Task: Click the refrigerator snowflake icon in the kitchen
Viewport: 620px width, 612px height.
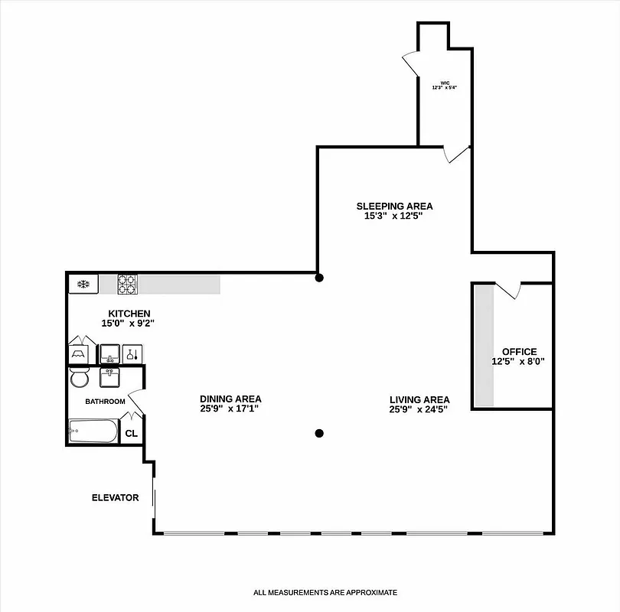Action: click(x=83, y=285)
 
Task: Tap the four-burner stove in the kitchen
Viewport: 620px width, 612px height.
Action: click(x=127, y=285)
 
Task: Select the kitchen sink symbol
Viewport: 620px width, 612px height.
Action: click(x=110, y=354)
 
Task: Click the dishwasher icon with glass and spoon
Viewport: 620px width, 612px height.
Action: click(x=133, y=354)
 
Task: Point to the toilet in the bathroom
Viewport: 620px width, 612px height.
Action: click(x=79, y=379)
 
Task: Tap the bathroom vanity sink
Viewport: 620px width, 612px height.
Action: click(x=109, y=378)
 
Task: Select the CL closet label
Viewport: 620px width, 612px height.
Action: click(x=131, y=434)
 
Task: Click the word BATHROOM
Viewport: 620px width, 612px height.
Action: click(x=105, y=402)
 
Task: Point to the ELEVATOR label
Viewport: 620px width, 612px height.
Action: click(x=116, y=498)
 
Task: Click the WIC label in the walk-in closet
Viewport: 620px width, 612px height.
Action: click(x=444, y=83)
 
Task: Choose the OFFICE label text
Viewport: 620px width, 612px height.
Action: click(x=519, y=352)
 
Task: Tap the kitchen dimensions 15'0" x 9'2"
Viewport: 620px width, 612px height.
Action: click(x=129, y=324)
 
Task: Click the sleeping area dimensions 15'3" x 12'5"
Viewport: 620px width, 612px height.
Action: click(x=393, y=216)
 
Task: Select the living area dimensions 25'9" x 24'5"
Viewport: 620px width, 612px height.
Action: click(x=419, y=409)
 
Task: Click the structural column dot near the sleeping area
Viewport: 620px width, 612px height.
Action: click(x=320, y=278)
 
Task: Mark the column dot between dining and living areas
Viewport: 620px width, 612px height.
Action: click(x=319, y=433)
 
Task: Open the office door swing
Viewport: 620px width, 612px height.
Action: click(x=508, y=291)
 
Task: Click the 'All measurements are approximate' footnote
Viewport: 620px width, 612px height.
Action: click(x=326, y=592)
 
